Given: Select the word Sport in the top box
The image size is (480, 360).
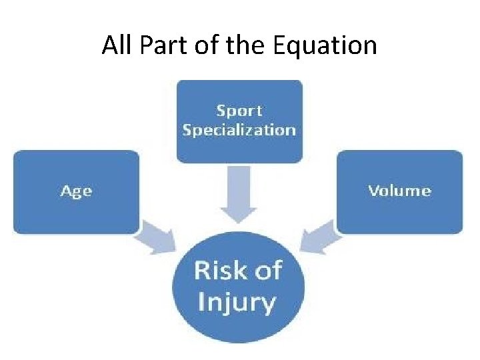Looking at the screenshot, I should pyautogui.click(x=239, y=111).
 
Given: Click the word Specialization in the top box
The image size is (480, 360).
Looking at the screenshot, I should pyautogui.click(x=239, y=129).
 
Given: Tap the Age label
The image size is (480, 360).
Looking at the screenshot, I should pyautogui.click(x=76, y=191).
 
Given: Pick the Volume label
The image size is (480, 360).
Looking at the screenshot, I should pyautogui.click(x=399, y=191).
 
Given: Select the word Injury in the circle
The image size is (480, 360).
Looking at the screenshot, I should pyautogui.click(x=237, y=302).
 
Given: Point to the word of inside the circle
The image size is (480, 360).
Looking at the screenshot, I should pyautogui.click(x=266, y=271).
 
